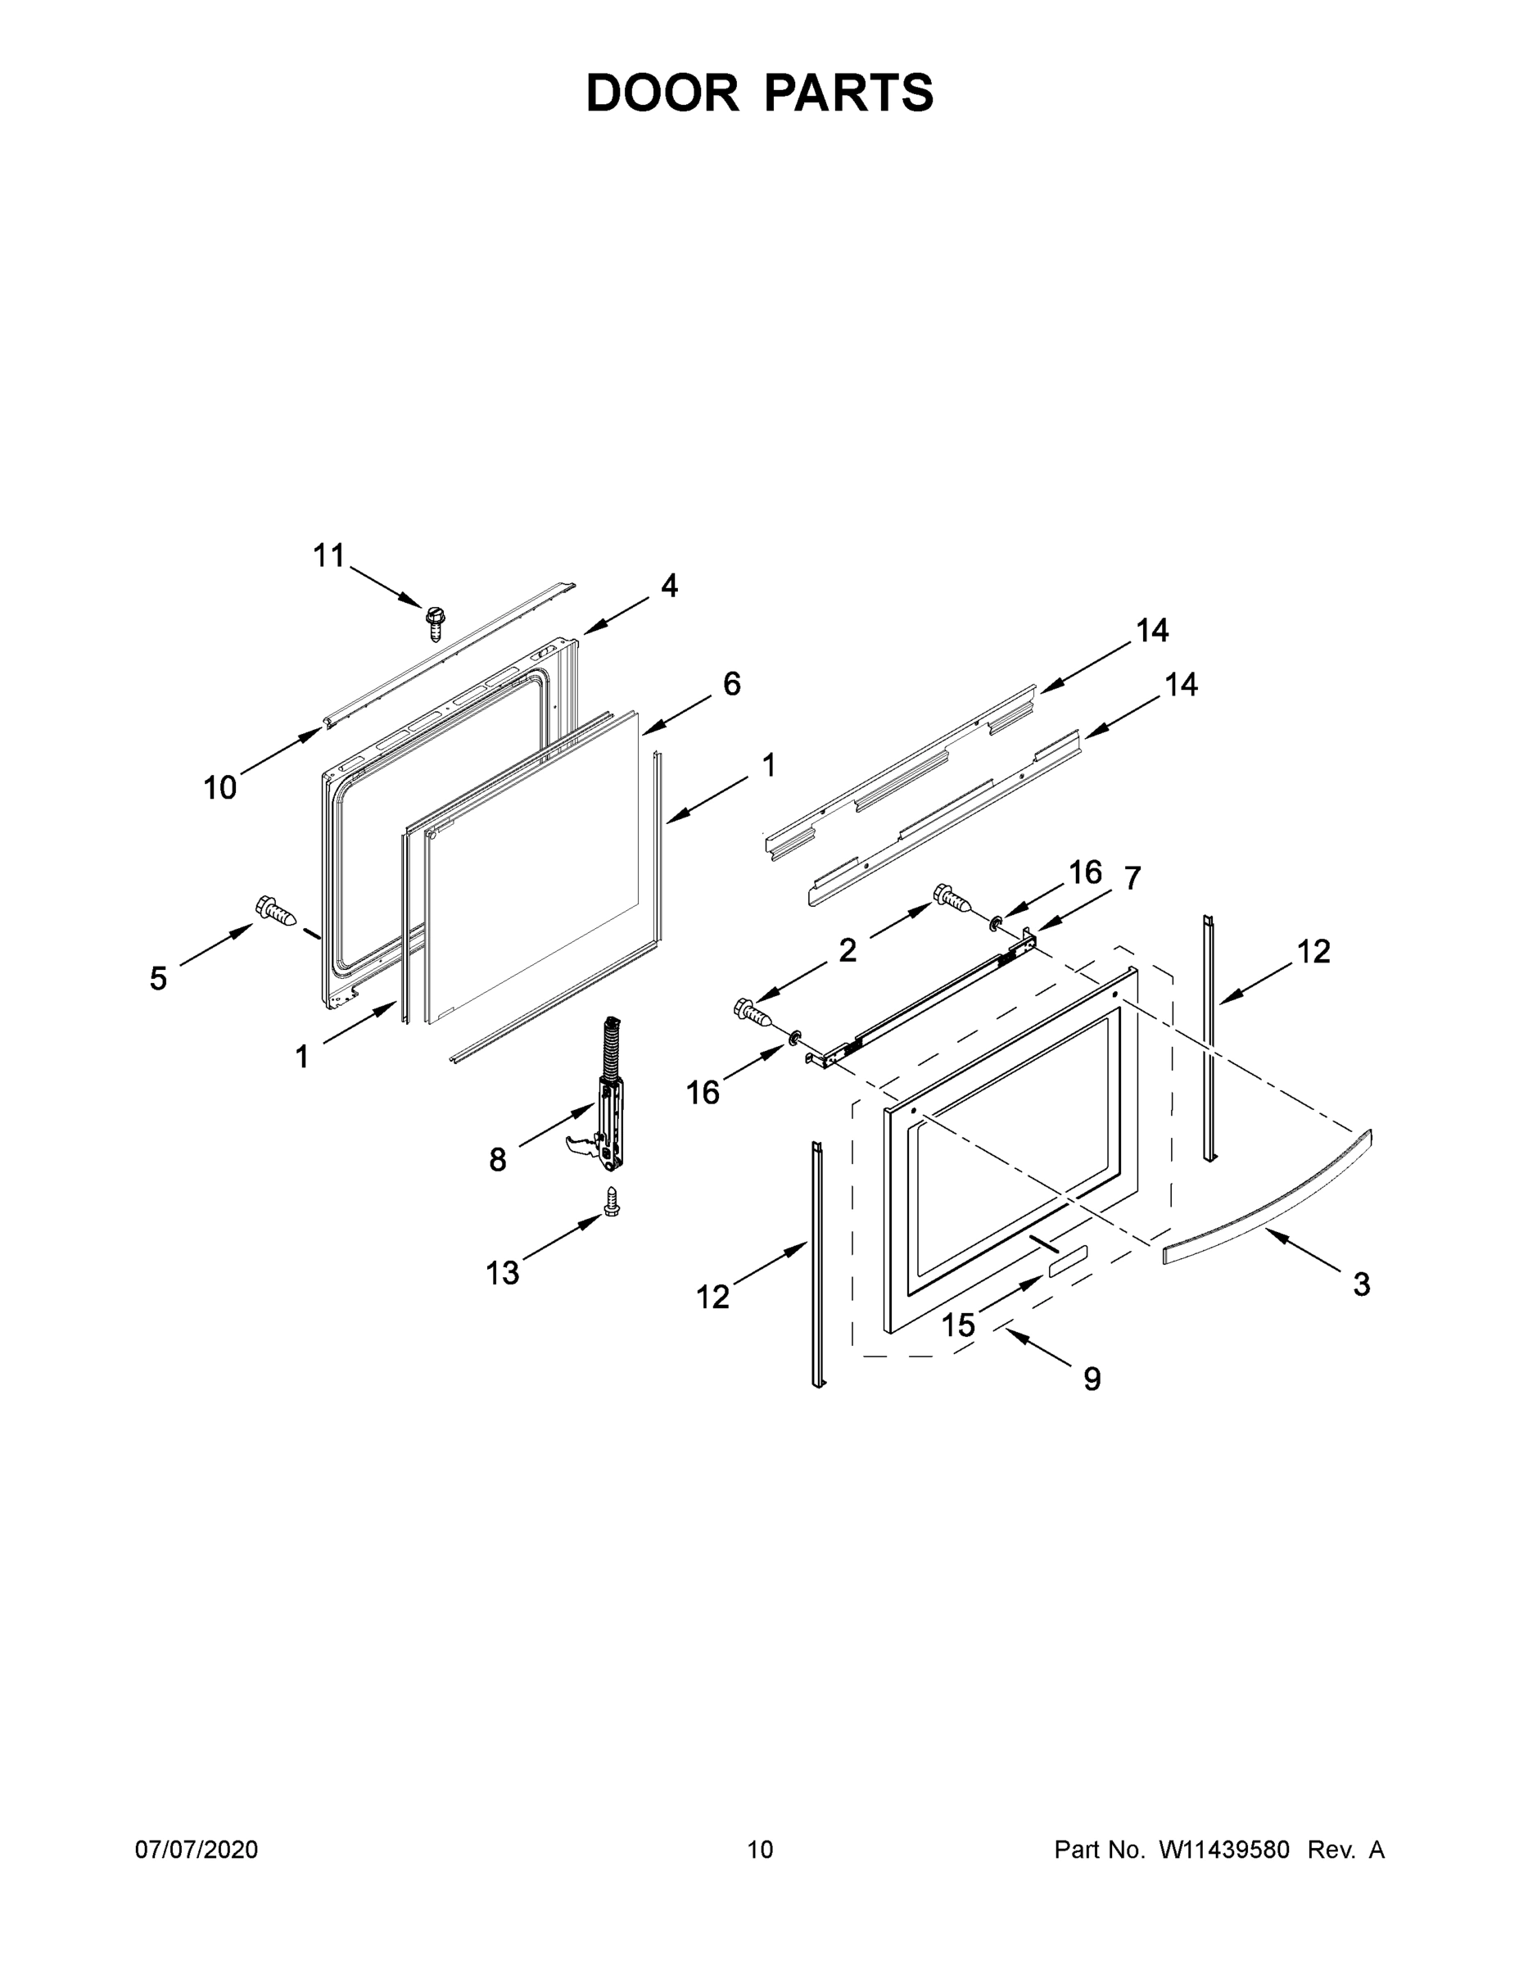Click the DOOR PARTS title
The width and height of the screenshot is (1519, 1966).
pyautogui.click(x=760, y=92)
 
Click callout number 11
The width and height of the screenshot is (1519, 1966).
pyautogui.click(x=329, y=555)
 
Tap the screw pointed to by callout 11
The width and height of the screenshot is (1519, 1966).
pyautogui.click(x=436, y=621)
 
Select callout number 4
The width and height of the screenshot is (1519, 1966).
pyautogui.click(x=669, y=586)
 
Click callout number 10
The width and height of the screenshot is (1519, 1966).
pyautogui.click(x=219, y=788)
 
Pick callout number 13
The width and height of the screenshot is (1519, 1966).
pyautogui.click(x=502, y=1273)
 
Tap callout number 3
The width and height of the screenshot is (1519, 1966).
pyautogui.click(x=1362, y=1284)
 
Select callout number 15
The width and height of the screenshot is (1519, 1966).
pyautogui.click(x=958, y=1324)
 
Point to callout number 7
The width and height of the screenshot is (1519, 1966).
pyautogui.click(x=1132, y=877)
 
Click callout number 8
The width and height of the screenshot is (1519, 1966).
pyautogui.click(x=498, y=1160)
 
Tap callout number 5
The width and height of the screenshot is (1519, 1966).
pyautogui.click(x=158, y=979)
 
